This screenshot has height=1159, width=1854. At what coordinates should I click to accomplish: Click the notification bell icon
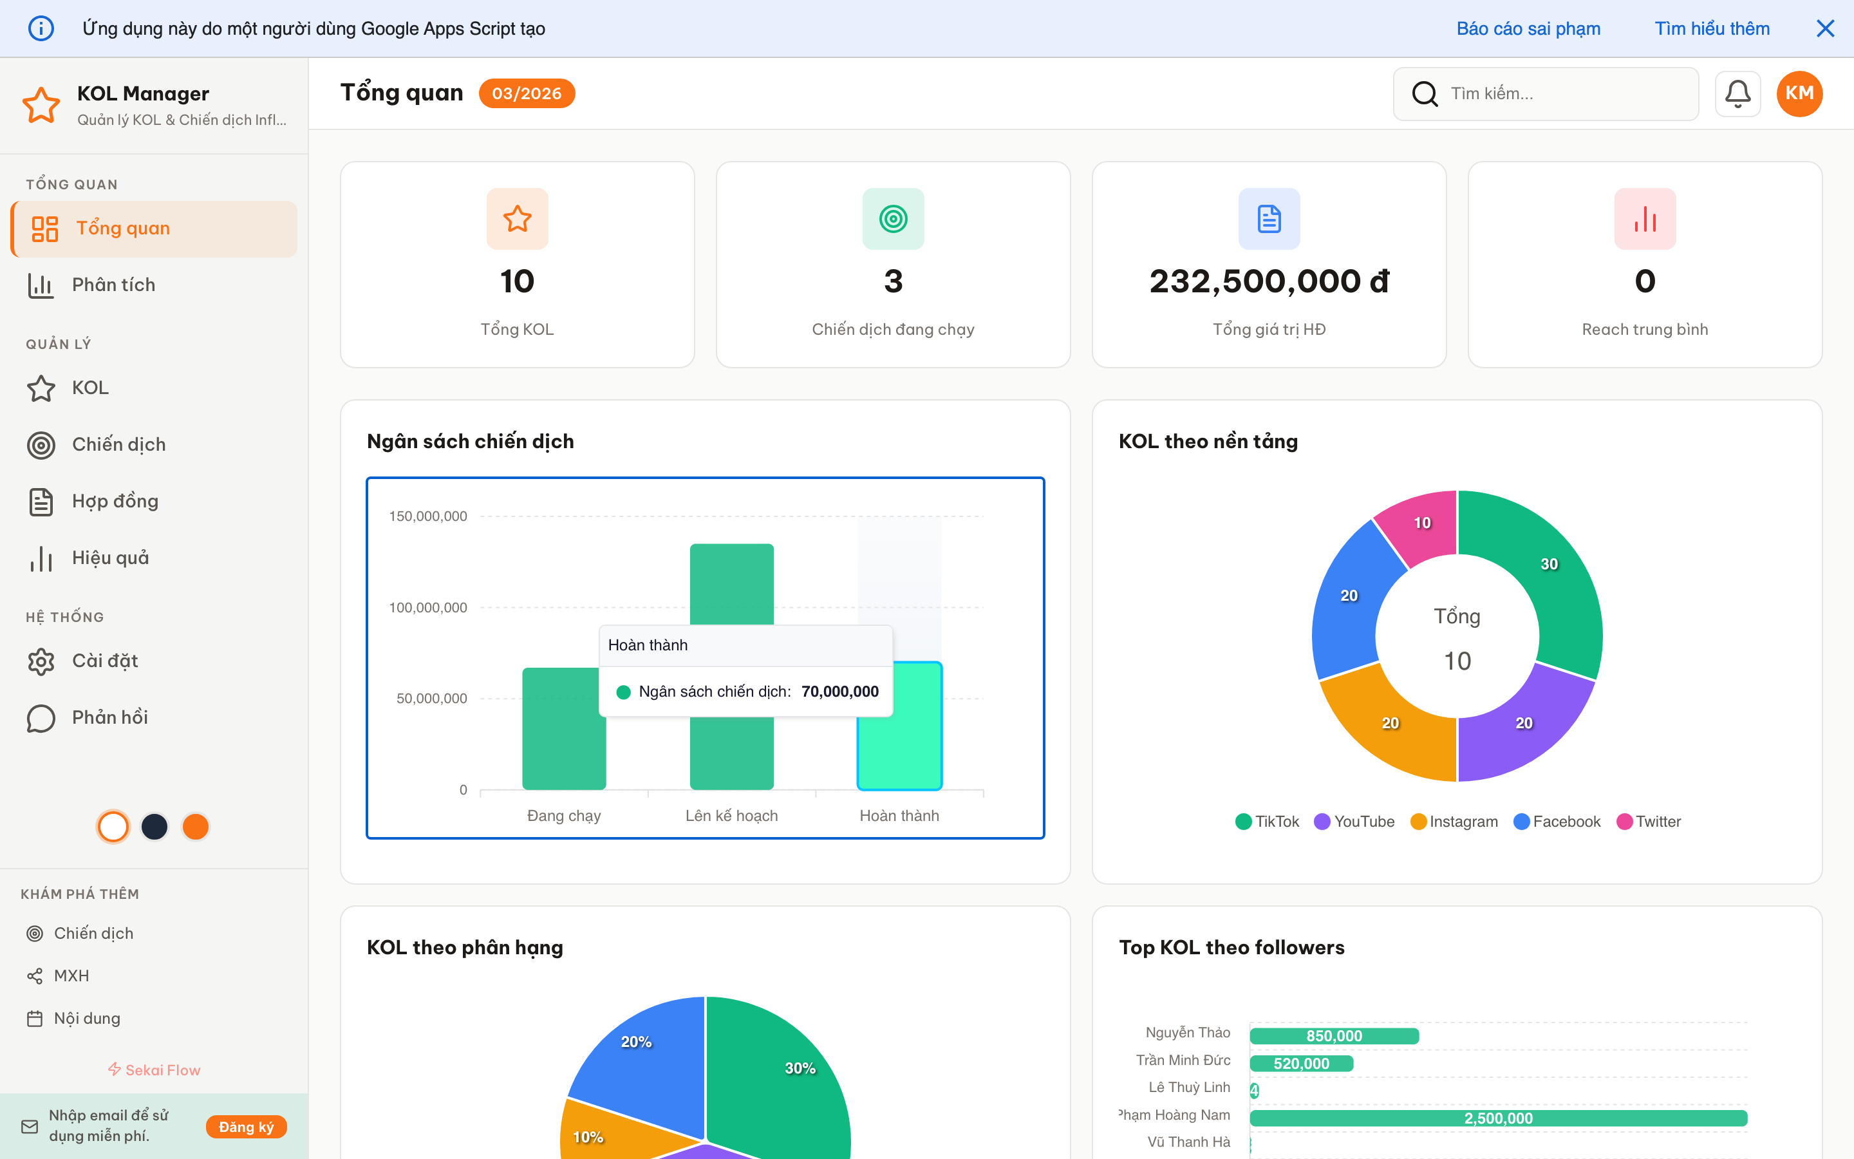click(x=1737, y=93)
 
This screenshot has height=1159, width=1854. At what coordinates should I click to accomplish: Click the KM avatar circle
click(x=1799, y=93)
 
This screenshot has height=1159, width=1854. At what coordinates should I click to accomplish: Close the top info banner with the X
click(x=1825, y=28)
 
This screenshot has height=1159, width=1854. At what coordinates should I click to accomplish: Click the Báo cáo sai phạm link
click(x=1528, y=28)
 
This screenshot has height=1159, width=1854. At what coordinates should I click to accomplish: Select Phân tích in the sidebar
click(x=113, y=285)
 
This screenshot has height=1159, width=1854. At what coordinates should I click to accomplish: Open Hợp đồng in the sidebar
click(x=115, y=502)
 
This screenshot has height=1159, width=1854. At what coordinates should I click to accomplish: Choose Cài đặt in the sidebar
click(x=105, y=661)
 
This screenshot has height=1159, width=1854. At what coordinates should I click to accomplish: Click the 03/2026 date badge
click(x=527, y=93)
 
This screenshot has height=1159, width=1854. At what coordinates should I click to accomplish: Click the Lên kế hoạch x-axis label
click(x=731, y=816)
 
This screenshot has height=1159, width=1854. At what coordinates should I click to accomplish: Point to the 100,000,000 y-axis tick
click(x=427, y=607)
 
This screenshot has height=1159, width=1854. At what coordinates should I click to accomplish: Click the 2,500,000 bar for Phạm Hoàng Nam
click(x=1498, y=1118)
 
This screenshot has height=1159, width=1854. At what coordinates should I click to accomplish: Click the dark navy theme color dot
click(x=154, y=826)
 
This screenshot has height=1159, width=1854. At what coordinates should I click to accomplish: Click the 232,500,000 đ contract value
click(x=1269, y=281)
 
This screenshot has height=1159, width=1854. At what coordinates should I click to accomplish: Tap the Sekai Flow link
click(x=154, y=1070)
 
